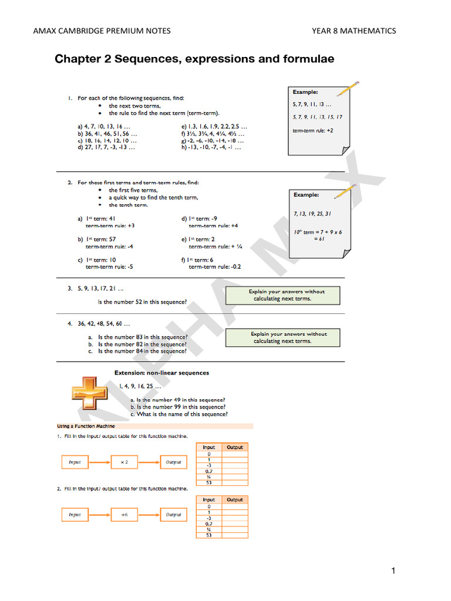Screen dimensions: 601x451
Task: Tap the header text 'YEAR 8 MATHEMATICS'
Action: click(x=354, y=31)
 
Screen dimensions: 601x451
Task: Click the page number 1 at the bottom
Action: click(x=393, y=570)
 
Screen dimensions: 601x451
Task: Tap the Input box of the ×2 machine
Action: click(x=75, y=462)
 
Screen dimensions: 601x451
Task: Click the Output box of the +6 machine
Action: click(x=173, y=515)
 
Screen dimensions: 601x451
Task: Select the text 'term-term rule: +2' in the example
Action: click(x=313, y=130)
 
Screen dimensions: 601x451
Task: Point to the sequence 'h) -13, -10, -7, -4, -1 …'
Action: click(x=211, y=147)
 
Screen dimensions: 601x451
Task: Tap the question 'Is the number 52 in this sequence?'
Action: click(x=142, y=302)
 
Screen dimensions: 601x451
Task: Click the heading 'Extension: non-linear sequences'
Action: click(x=161, y=373)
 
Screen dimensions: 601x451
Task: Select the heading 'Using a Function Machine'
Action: click(x=86, y=426)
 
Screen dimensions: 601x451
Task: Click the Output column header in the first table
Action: click(x=235, y=447)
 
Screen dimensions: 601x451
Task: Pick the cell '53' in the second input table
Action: click(x=209, y=535)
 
